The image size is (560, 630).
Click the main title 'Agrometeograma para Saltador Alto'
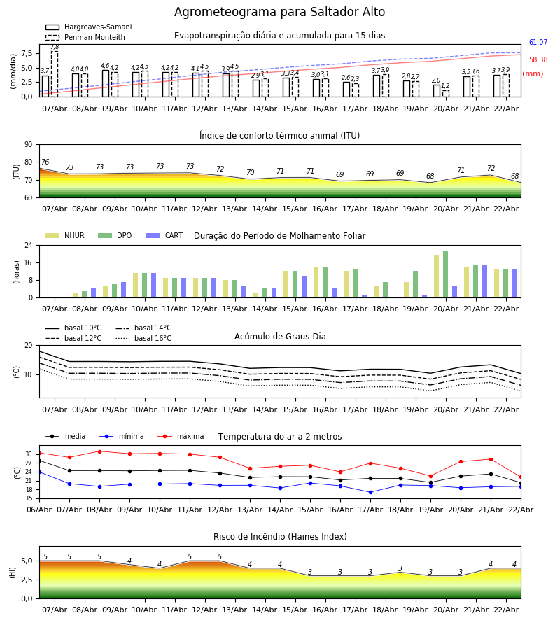pos(279,13)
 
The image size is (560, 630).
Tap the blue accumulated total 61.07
pos(538,43)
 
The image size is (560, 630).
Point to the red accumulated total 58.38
pos(538,60)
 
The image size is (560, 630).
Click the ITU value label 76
pos(45,162)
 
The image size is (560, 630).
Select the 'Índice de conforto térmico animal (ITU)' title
pos(279,136)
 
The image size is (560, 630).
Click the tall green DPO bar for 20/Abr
pos(445,274)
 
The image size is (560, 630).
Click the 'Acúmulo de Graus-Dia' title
pos(280,337)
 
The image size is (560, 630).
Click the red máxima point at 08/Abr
pos(99,451)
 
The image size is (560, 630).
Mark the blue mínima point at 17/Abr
pos(370,492)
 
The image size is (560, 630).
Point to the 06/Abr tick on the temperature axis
pos(39,509)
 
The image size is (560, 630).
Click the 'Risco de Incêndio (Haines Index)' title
pos(280,537)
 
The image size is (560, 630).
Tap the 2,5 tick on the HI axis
pos(27,580)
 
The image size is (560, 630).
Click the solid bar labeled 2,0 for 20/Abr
pos(436,90)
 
